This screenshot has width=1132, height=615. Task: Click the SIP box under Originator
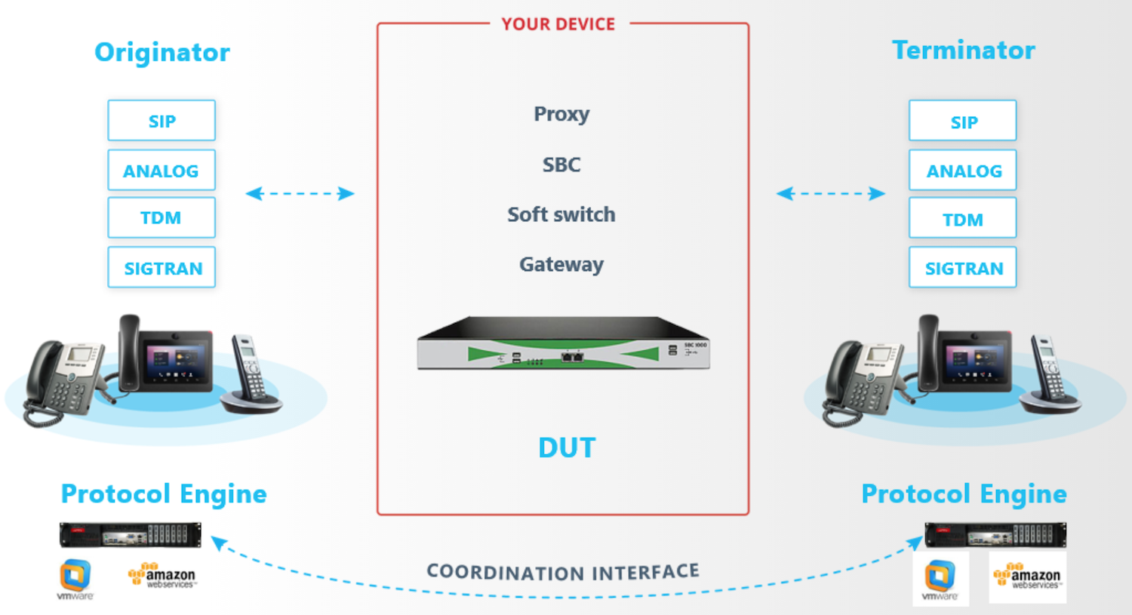[161, 121]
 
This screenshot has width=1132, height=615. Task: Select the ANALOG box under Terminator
[963, 171]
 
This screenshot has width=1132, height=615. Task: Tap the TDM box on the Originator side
[161, 218]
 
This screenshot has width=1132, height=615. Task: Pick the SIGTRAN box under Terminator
[963, 268]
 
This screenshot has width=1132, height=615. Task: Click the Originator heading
[162, 52]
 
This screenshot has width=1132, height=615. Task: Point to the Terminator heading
[963, 50]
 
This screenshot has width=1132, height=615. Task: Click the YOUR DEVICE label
[558, 24]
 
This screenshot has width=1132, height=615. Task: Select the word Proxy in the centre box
[561, 114]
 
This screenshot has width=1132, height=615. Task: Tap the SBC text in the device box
[561, 165]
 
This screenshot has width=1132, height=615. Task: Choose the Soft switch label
[561, 214]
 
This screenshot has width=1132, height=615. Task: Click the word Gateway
[561, 264]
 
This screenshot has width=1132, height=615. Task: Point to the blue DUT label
[567, 447]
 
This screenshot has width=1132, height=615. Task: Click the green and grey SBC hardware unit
[563, 346]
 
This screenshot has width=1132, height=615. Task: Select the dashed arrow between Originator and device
[300, 194]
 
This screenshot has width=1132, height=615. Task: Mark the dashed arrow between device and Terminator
[830, 194]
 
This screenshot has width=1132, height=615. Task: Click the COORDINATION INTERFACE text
[563, 572]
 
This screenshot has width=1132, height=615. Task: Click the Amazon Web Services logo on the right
[1027, 577]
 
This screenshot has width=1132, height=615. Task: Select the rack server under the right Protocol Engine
[995, 534]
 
